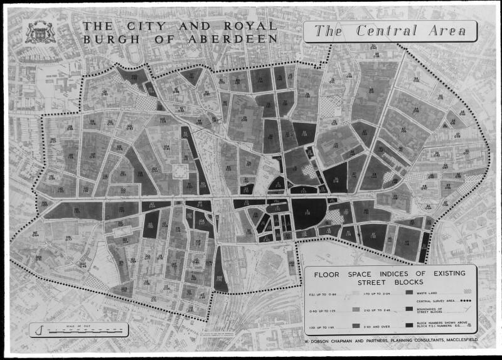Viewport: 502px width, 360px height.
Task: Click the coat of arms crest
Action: [40, 32]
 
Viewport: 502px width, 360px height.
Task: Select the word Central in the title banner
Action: [384, 31]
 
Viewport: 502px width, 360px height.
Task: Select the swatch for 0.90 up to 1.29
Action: [356, 310]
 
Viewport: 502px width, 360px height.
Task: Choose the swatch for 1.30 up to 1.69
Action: [356, 326]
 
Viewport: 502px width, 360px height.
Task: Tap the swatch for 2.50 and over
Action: [409, 326]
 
